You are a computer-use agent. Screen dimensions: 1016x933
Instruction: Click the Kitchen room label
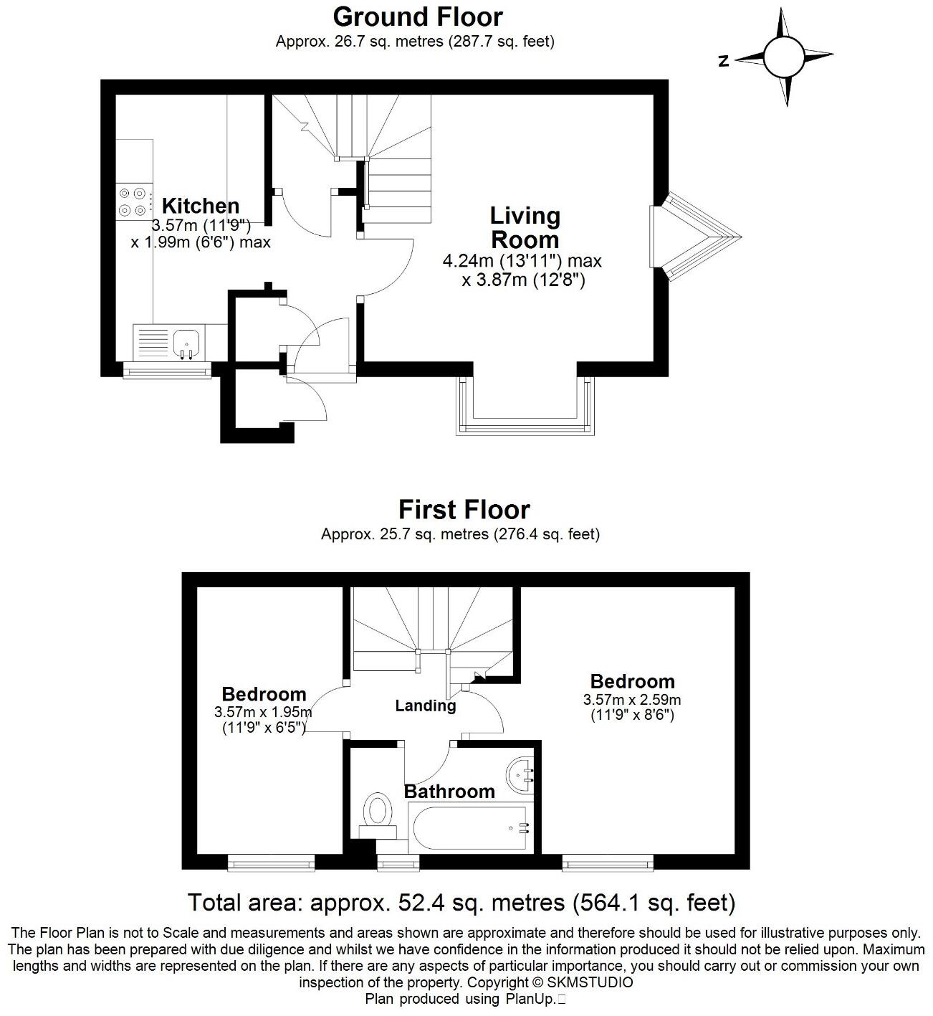click(200, 206)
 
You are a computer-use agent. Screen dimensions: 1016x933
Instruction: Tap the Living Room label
click(525, 227)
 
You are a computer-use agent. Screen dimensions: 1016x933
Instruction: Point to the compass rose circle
click(785, 57)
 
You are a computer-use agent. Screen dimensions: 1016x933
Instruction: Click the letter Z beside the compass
click(724, 62)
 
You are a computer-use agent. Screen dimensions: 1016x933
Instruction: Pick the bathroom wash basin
click(522, 776)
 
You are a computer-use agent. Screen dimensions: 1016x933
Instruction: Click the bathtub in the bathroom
click(469, 828)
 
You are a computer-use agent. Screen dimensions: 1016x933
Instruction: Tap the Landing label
click(426, 706)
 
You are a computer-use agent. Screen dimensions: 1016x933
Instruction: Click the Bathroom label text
click(449, 791)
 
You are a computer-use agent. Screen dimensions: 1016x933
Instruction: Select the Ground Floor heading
click(418, 16)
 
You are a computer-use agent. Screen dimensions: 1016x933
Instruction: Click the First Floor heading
click(464, 510)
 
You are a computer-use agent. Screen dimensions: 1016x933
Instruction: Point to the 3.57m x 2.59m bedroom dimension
click(632, 700)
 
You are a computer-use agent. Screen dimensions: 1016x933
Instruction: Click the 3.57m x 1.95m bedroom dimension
click(263, 712)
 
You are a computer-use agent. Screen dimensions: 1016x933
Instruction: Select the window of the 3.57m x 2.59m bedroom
click(608, 864)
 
